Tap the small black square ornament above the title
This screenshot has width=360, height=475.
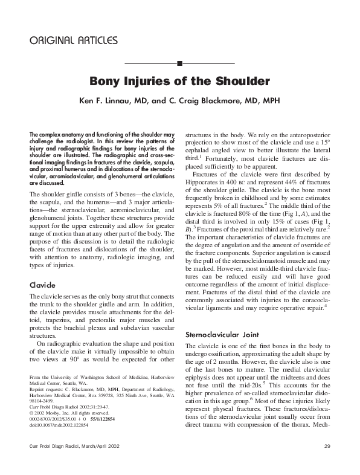tap(179, 63)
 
